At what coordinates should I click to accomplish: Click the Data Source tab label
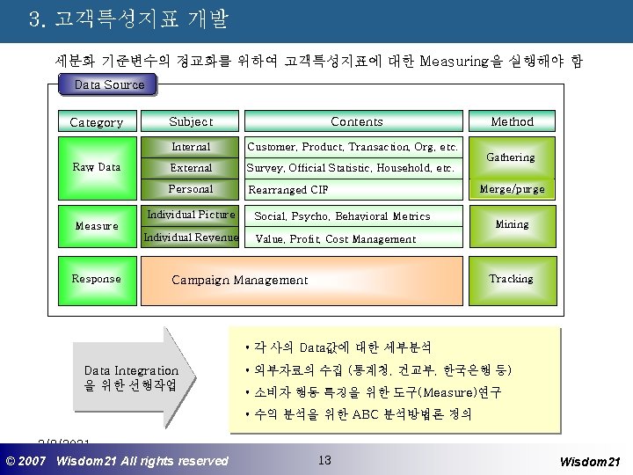(110, 84)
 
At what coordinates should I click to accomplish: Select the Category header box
(97, 122)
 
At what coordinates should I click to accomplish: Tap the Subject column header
(191, 121)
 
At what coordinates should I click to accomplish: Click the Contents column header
(356, 121)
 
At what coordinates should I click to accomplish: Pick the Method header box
(512, 121)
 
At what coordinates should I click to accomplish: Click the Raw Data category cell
(97, 166)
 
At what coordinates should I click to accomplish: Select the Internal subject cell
(191, 147)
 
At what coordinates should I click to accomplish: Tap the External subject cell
(191, 167)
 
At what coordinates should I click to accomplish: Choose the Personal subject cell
(191, 188)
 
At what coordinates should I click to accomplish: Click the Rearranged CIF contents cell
(352, 189)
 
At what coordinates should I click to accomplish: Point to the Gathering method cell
(511, 157)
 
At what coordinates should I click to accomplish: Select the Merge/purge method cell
(512, 188)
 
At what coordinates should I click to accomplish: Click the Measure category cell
(97, 226)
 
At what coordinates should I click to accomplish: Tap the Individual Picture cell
(191, 215)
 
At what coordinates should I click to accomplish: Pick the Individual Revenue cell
(191, 237)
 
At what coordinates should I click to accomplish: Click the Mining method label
(512, 224)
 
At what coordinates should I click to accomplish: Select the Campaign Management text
(239, 280)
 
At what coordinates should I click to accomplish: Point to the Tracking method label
(511, 278)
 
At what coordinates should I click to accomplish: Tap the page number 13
(324, 459)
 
